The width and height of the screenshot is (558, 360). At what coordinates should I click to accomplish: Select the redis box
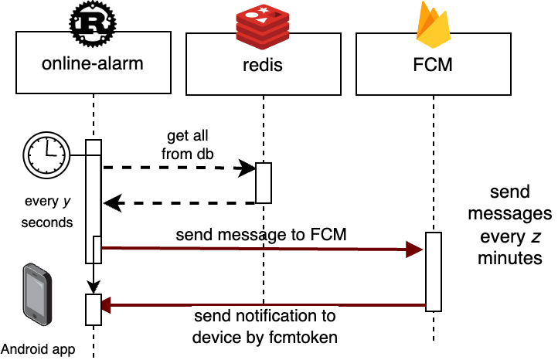click(263, 64)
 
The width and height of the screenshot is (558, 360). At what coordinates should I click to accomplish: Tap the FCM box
click(433, 64)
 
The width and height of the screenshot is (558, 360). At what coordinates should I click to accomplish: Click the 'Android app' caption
click(38, 349)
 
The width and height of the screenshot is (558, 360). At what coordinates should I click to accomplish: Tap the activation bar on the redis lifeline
click(264, 183)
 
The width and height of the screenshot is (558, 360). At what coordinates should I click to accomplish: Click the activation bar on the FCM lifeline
click(434, 271)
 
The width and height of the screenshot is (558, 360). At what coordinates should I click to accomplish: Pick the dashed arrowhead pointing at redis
click(248, 168)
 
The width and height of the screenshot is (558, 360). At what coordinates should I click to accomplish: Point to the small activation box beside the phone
click(93, 309)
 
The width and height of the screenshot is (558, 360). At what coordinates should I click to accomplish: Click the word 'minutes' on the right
click(510, 259)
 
